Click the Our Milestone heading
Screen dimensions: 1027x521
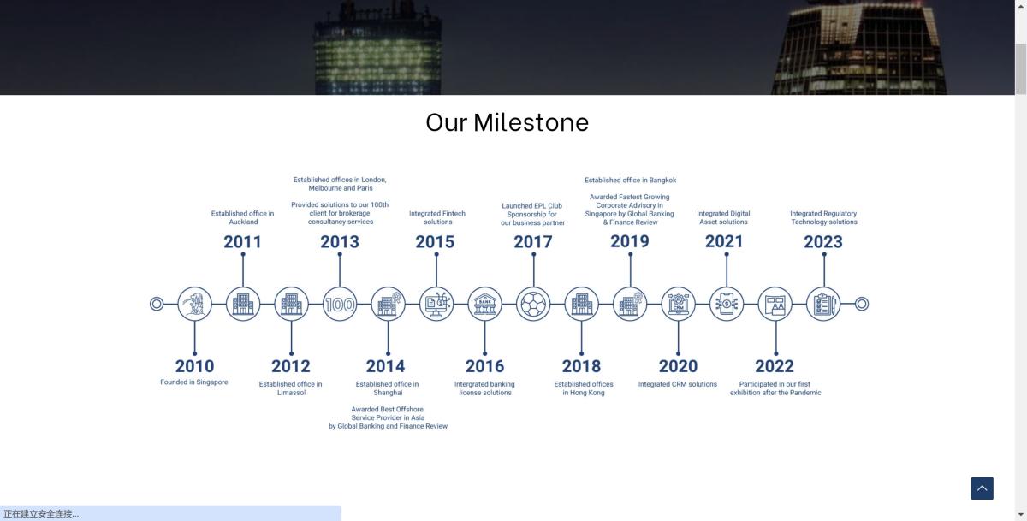click(507, 122)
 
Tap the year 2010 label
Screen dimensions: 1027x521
click(194, 366)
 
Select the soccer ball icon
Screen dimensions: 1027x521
click(533, 304)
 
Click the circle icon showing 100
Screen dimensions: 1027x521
click(340, 304)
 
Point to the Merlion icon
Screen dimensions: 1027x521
click(194, 304)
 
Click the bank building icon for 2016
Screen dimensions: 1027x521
click(484, 304)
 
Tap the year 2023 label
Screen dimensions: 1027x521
click(823, 241)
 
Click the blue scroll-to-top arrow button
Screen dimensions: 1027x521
click(982, 488)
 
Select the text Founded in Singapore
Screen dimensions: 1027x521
click(194, 382)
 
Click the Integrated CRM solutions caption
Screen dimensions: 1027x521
click(678, 384)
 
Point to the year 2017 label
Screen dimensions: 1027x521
click(532, 241)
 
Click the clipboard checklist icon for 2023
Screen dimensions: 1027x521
click(823, 304)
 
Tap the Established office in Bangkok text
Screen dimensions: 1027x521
click(631, 180)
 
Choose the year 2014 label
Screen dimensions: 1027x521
click(386, 366)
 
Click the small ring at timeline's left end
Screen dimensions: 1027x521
click(157, 304)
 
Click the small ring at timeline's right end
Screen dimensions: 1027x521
click(862, 304)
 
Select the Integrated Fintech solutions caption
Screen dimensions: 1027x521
click(437, 217)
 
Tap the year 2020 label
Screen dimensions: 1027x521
click(678, 366)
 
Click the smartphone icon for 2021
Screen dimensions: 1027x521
click(727, 304)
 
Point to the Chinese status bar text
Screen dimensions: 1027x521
click(41, 514)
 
